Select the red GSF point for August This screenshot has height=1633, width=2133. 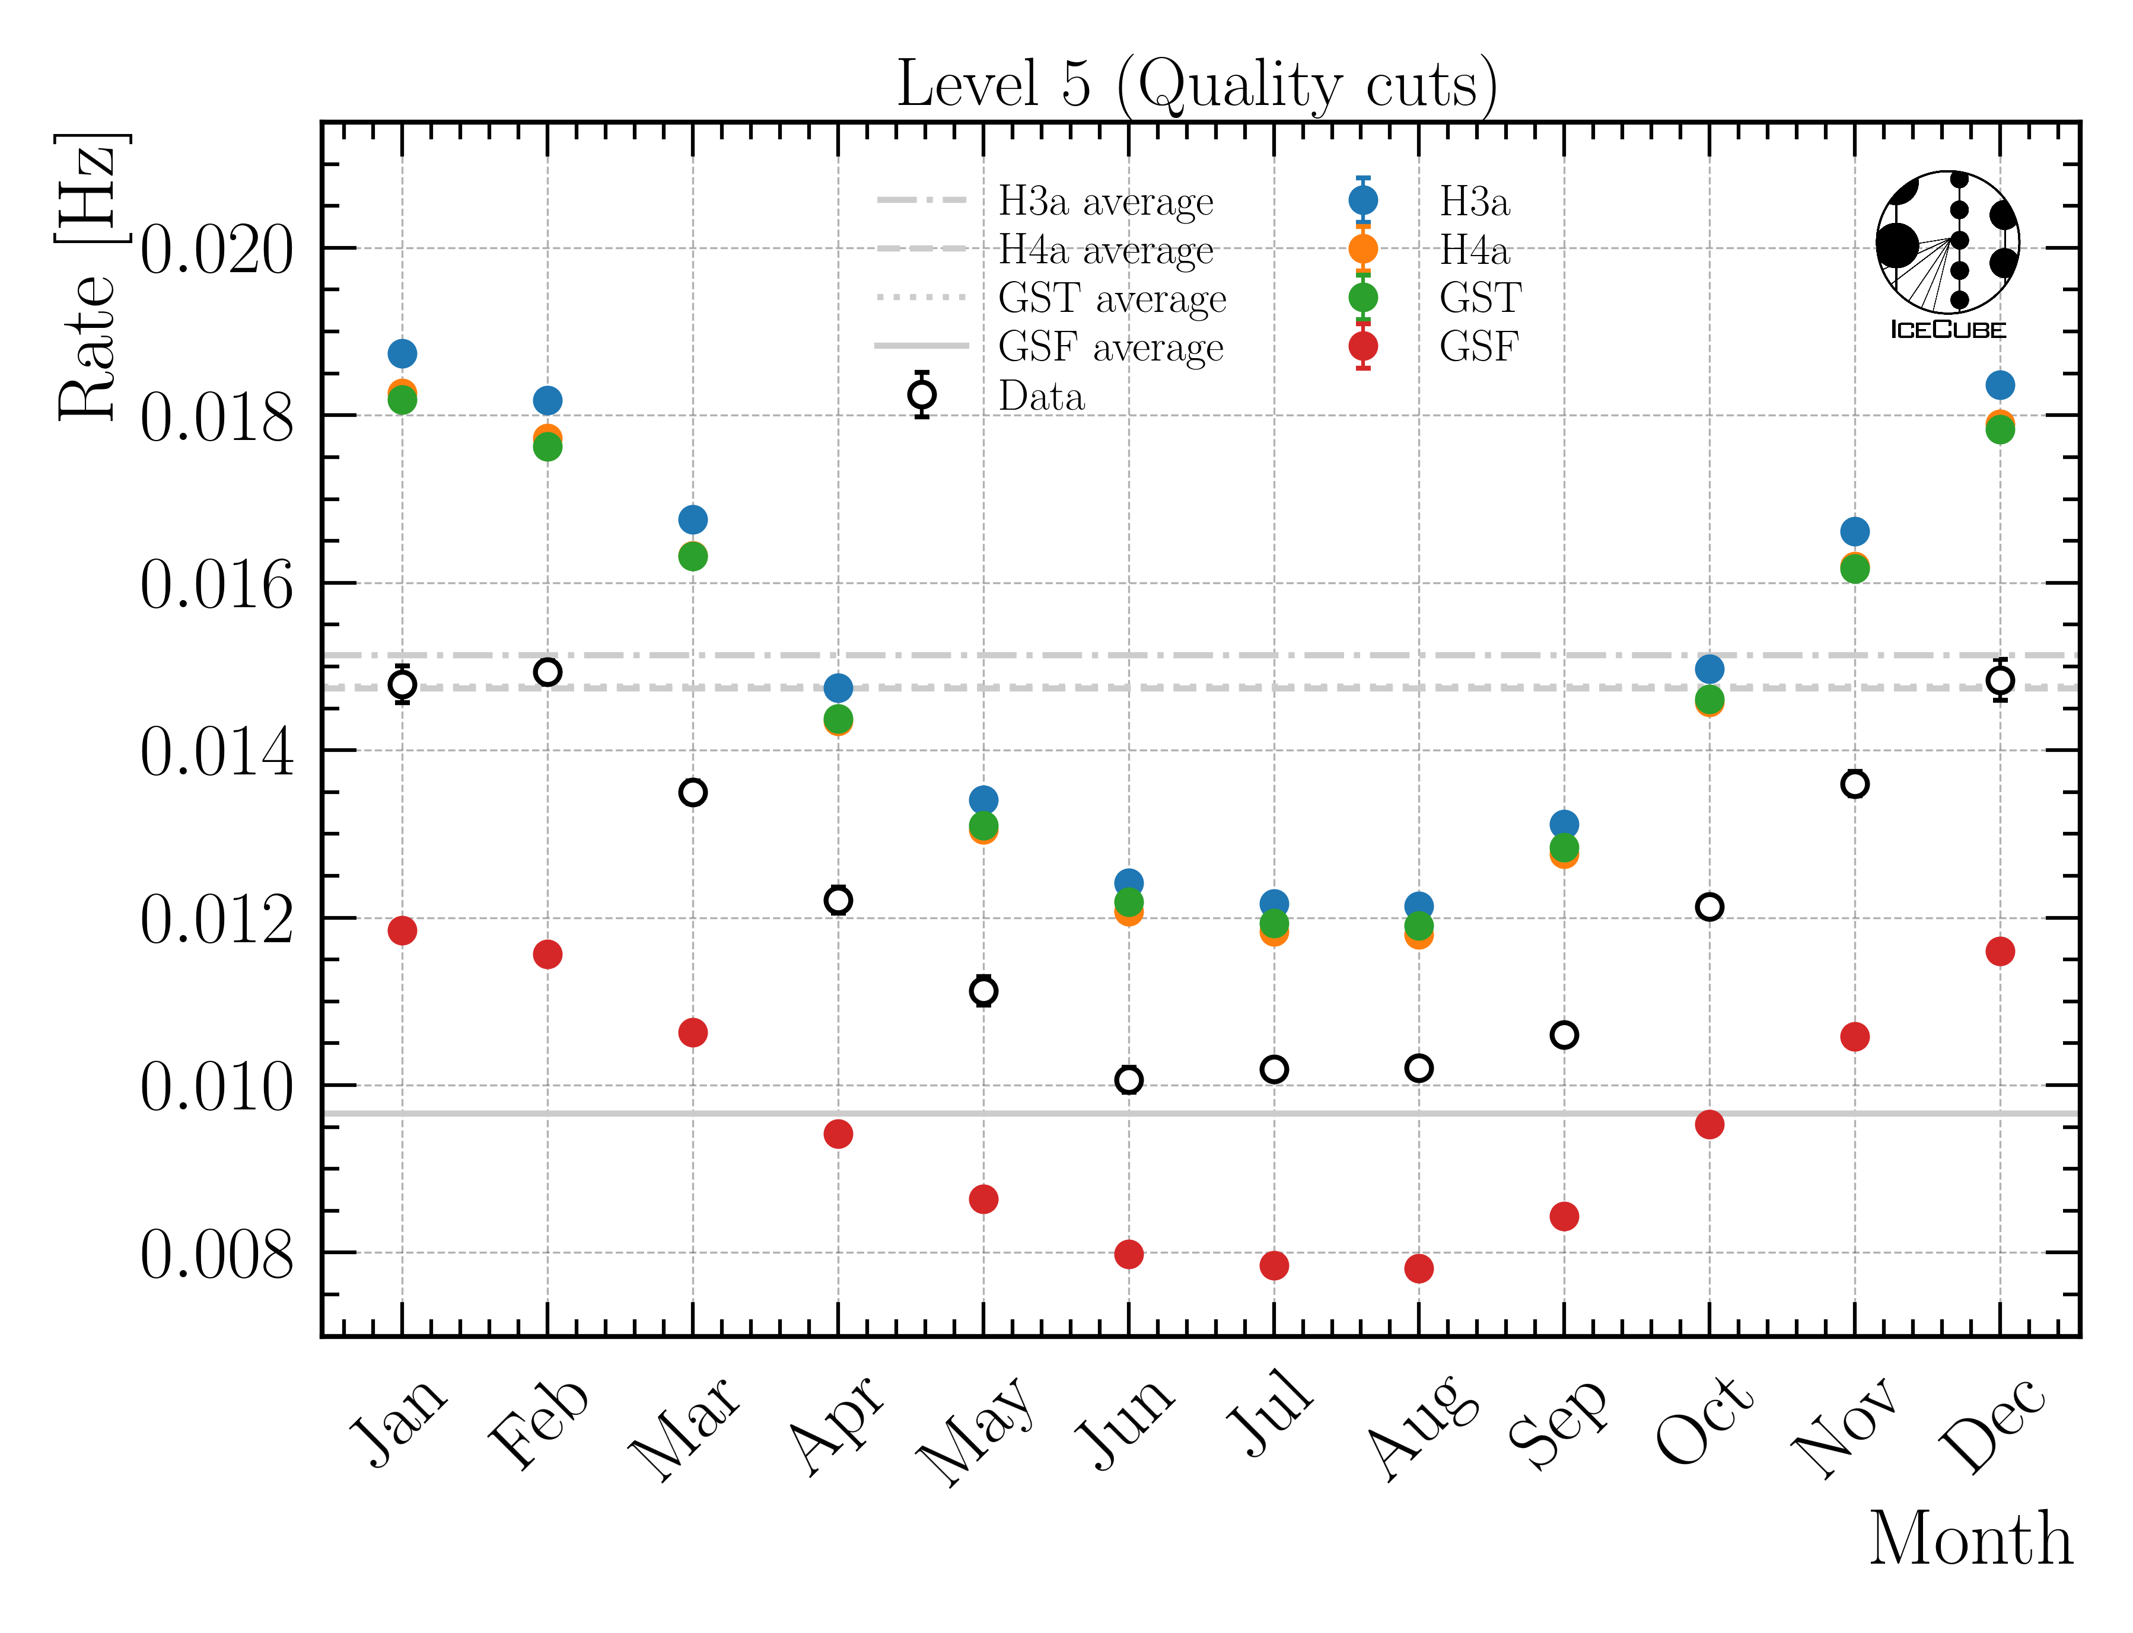[x=1418, y=1268]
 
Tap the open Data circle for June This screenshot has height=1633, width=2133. [x=1128, y=1079]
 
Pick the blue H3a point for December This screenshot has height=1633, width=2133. [x=1999, y=385]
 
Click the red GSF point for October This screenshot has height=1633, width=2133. [x=1709, y=1125]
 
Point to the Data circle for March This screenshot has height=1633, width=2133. [x=692, y=792]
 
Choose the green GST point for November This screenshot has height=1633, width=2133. [x=1854, y=569]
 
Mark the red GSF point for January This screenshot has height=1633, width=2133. [x=402, y=930]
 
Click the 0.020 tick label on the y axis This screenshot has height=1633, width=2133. [x=216, y=250]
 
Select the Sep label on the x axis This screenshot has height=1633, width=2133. [x=1555, y=1424]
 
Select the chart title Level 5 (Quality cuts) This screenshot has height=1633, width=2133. [x=1196, y=85]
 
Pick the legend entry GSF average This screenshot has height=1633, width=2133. [x=1110, y=347]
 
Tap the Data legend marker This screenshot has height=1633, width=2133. [x=922, y=395]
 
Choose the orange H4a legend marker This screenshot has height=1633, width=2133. [x=1363, y=249]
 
